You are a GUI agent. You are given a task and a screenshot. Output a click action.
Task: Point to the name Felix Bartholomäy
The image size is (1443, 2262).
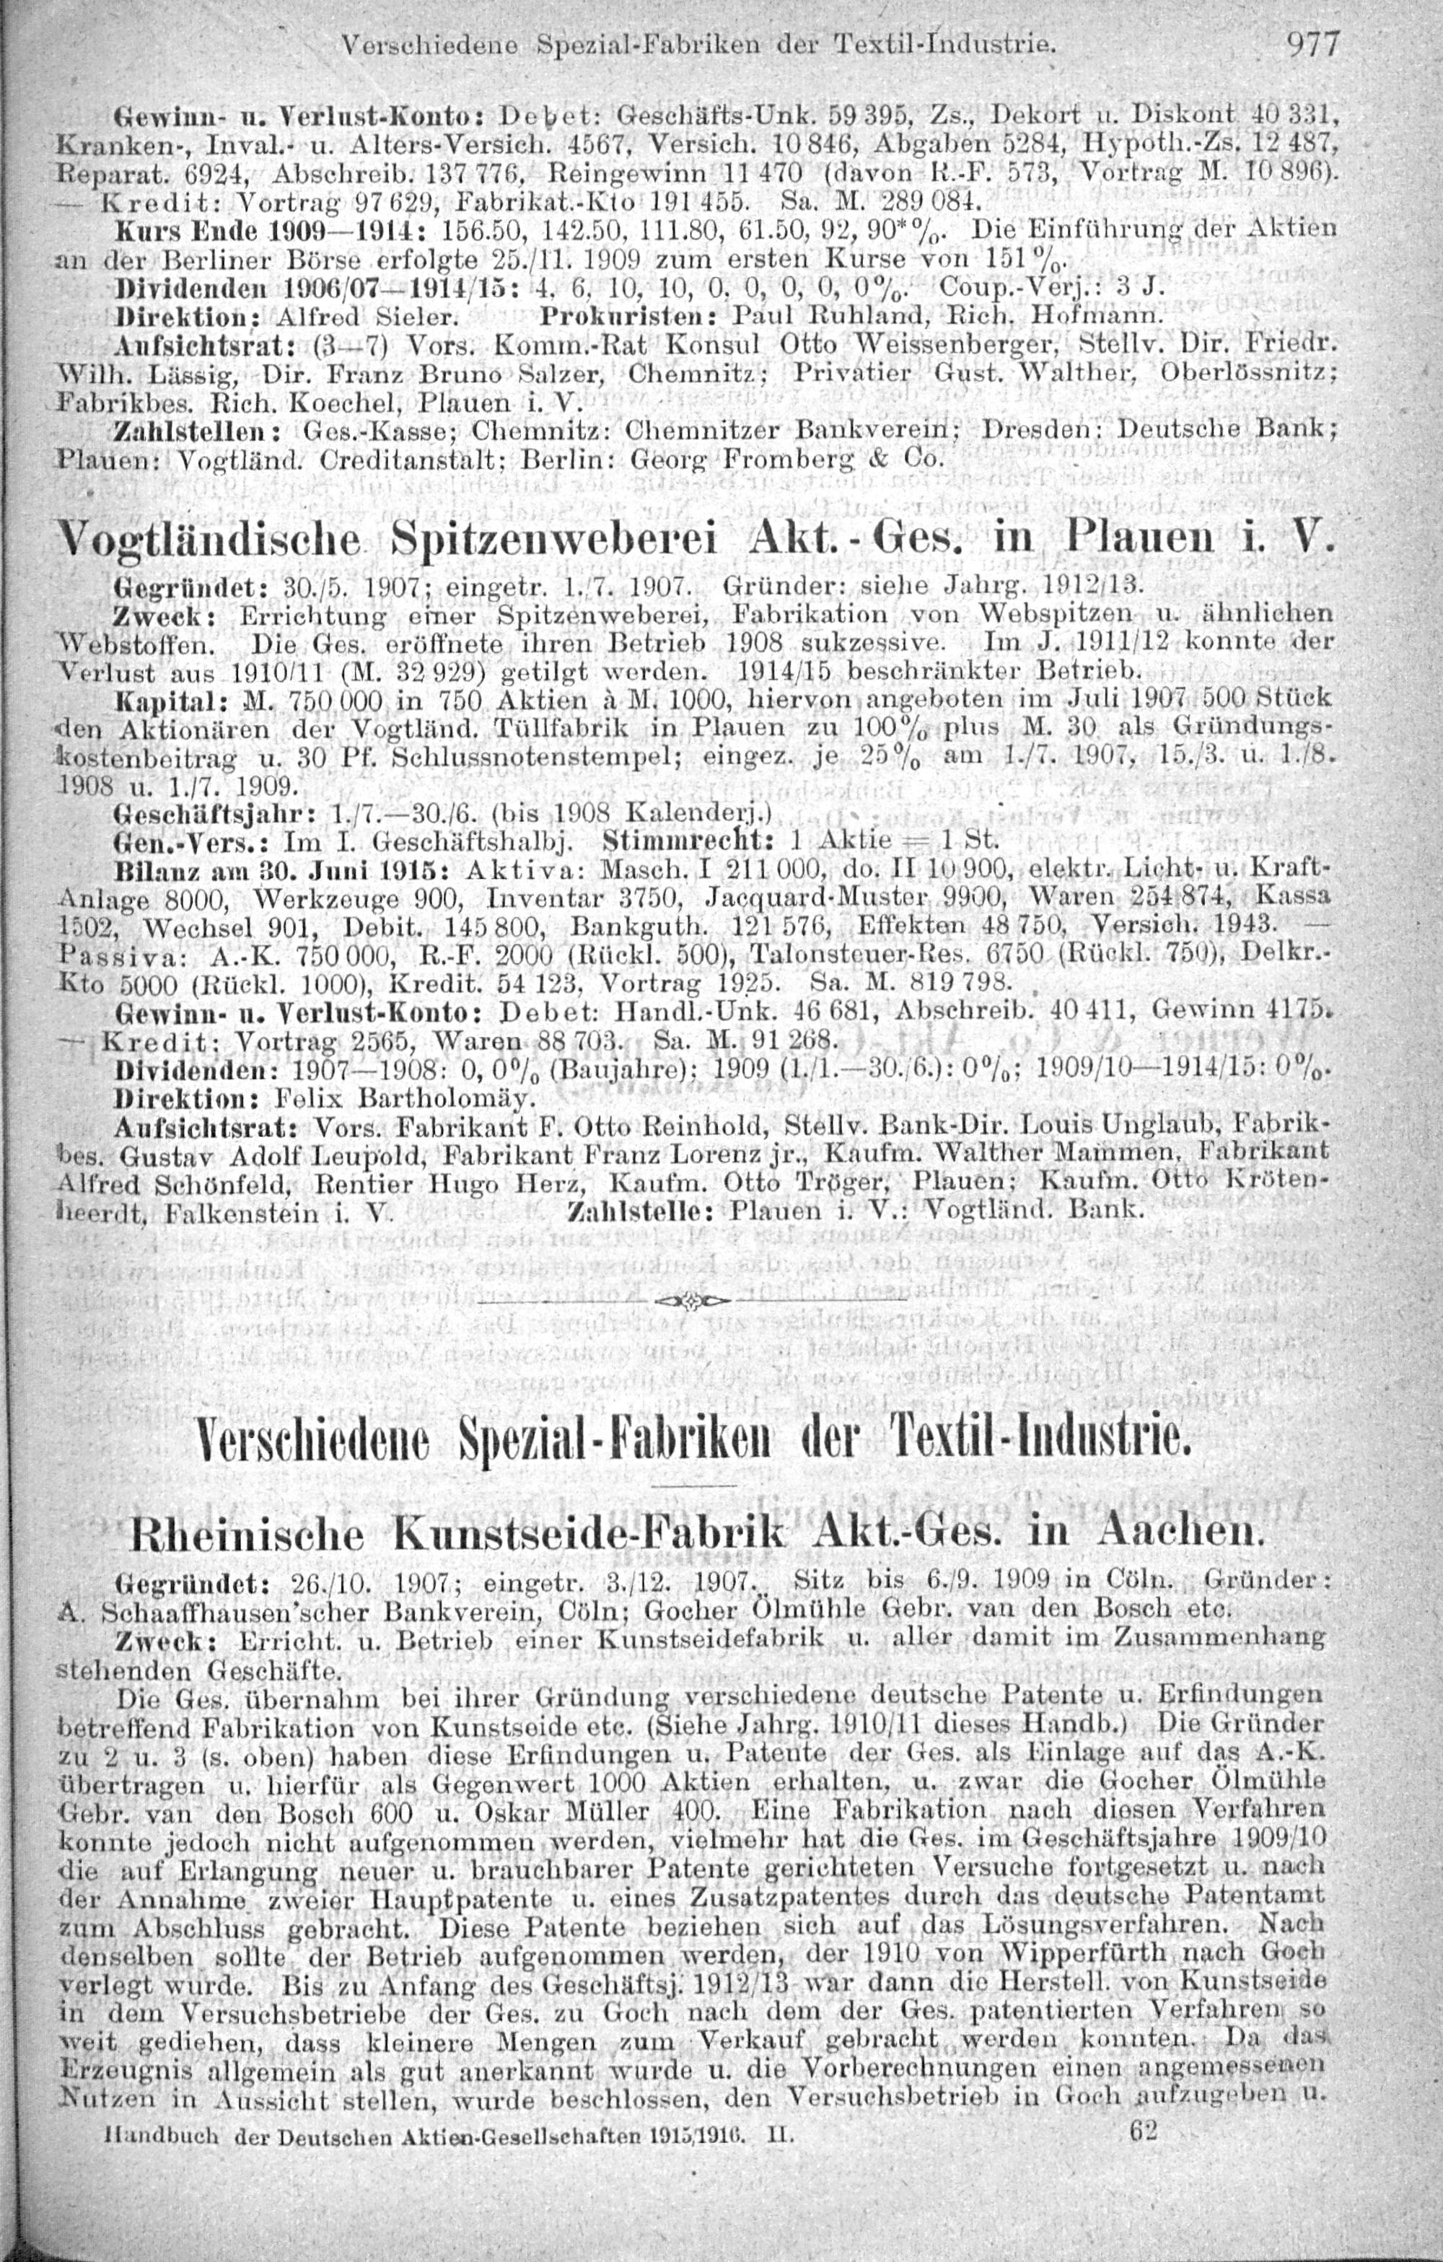[x=404, y=1096]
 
